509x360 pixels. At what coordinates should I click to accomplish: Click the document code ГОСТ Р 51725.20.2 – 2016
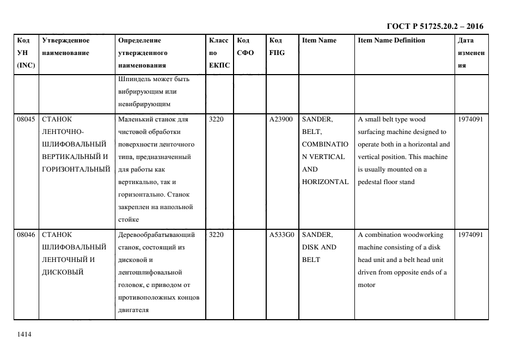pyautogui.click(x=435, y=26)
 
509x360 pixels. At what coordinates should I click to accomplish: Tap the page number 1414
pyautogui.click(x=24, y=334)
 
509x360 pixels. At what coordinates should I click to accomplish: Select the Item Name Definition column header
pyautogui.click(x=391, y=40)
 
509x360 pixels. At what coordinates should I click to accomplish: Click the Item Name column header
pyautogui.click(x=319, y=40)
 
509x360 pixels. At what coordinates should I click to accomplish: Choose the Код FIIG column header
pyautogui.click(x=277, y=47)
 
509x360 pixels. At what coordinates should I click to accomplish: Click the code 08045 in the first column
pyautogui.click(x=26, y=119)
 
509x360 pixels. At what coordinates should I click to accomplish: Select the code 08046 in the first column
pyautogui.click(x=26, y=235)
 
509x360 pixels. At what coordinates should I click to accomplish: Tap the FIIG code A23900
pyautogui.click(x=281, y=119)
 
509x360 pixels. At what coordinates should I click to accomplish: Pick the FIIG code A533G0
pyautogui.click(x=282, y=235)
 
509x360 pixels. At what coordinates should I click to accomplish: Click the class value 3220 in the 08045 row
pyautogui.click(x=216, y=119)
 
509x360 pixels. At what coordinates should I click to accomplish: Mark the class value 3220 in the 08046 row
pyautogui.click(x=216, y=235)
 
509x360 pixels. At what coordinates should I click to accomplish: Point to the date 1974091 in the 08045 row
pyautogui.click(x=470, y=119)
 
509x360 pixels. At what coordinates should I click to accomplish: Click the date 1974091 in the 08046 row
pyautogui.click(x=470, y=235)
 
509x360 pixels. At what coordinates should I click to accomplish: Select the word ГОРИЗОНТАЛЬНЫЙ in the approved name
pyautogui.click(x=76, y=169)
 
